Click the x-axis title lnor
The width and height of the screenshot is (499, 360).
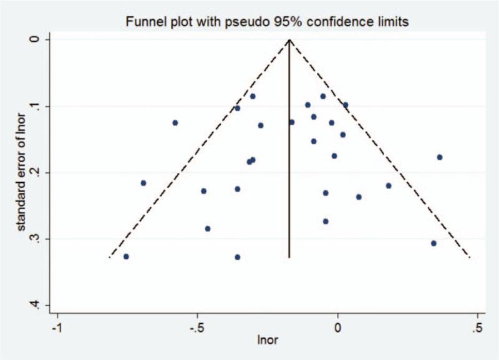click(x=268, y=341)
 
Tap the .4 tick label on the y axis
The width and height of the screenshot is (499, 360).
click(x=36, y=304)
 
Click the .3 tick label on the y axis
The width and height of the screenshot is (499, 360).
click(x=36, y=238)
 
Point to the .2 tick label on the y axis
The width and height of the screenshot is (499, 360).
click(x=36, y=172)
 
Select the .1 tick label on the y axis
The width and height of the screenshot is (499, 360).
click(x=36, y=106)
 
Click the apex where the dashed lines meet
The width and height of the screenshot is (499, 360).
click(x=289, y=39)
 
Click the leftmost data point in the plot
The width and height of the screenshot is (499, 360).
click(x=126, y=256)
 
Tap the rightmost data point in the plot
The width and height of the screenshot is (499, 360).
click(x=440, y=157)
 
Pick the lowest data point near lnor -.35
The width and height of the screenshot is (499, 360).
click(x=237, y=257)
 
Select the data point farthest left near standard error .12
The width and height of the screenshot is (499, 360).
click(x=175, y=123)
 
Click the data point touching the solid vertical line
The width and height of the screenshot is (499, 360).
click(x=292, y=122)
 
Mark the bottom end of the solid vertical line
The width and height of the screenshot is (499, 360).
click(x=289, y=257)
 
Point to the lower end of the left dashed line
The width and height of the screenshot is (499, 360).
click(x=110, y=257)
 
